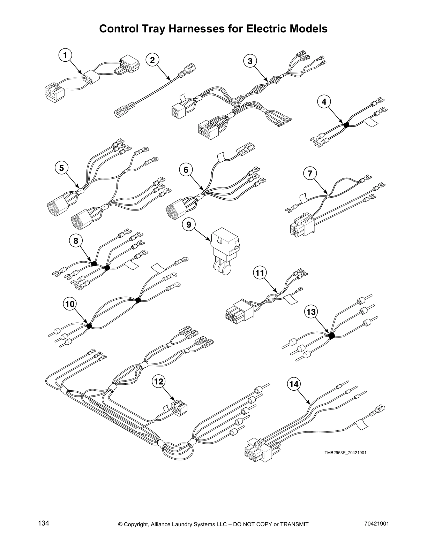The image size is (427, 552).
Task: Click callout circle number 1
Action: pos(65,55)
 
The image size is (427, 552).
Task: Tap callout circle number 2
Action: pos(152,60)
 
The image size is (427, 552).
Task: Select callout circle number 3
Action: pos(250,61)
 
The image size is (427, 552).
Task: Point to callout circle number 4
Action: pos(324,102)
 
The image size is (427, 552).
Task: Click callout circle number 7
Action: pos(310,173)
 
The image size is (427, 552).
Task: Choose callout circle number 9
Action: pos(189,225)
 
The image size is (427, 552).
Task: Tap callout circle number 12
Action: pos(158,382)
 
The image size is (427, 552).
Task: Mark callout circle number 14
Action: pos(294,384)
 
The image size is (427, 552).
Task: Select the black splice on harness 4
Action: pos(346,124)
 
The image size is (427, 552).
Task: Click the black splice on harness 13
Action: pos(331,336)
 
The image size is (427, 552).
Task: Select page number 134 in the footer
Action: pos(43,523)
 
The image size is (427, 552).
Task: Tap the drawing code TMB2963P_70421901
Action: pos(345,453)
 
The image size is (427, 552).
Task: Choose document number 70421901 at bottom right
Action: pos(375,523)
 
